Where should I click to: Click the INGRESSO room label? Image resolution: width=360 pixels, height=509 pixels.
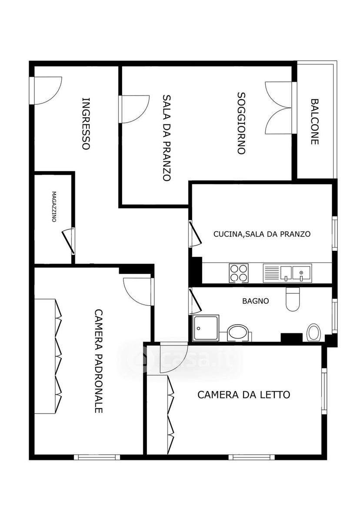point(86,124)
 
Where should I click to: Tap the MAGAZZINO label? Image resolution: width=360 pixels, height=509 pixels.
point(53,206)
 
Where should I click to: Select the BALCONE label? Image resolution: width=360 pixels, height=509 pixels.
point(314,121)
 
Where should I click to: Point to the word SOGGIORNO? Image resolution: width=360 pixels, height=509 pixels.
point(241,123)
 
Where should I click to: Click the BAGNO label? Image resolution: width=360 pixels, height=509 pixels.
point(256,301)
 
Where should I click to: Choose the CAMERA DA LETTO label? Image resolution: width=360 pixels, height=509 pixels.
point(244,395)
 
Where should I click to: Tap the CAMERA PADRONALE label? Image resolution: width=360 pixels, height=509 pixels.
point(99,361)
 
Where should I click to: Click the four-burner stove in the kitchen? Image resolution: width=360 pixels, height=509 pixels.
point(239,273)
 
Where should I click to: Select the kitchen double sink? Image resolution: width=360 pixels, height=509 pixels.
point(287,273)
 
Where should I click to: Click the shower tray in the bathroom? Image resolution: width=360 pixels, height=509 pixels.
point(206,328)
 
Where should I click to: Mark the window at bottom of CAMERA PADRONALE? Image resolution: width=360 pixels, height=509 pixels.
point(97,457)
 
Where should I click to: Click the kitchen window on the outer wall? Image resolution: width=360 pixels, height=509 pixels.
point(335,233)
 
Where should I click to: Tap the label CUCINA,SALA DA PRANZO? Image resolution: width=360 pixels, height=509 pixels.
point(262,234)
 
